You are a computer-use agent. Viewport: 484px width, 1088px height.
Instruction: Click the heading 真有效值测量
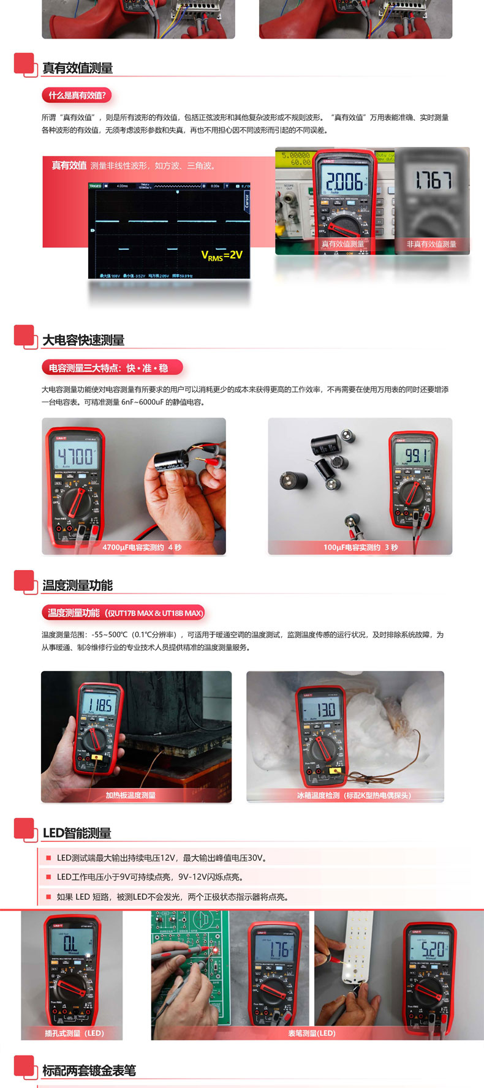pyautogui.click(x=77, y=68)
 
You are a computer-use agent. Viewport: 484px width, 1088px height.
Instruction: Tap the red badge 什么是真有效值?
pyautogui.click(x=77, y=96)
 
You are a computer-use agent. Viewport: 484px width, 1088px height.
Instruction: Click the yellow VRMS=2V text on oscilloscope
pyautogui.click(x=222, y=255)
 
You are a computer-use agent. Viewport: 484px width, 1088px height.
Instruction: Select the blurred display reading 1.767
pyautogui.click(x=433, y=180)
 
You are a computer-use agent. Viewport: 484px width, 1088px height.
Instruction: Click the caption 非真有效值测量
pyautogui.click(x=431, y=244)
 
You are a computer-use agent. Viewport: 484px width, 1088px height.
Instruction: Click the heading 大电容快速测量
pyautogui.click(x=83, y=340)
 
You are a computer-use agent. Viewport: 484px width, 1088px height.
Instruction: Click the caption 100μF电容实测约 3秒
pyautogui.click(x=360, y=547)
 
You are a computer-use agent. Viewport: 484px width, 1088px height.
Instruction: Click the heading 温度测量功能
pyautogui.click(x=77, y=585)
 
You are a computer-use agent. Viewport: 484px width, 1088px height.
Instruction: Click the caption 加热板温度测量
pyautogui.click(x=130, y=795)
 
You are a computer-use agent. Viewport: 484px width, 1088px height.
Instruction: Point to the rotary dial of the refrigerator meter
pyautogui.click(x=320, y=748)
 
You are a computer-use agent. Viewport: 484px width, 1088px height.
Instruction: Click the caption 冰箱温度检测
pyautogui.click(x=354, y=795)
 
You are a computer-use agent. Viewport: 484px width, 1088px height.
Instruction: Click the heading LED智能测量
pyautogui.click(x=77, y=833)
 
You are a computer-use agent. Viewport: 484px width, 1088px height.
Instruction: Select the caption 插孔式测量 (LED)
pyautogui.click(x=74, y=1033)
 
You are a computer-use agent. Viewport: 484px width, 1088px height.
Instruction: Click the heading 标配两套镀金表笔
pyautogui.click(x=89, y=1070)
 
